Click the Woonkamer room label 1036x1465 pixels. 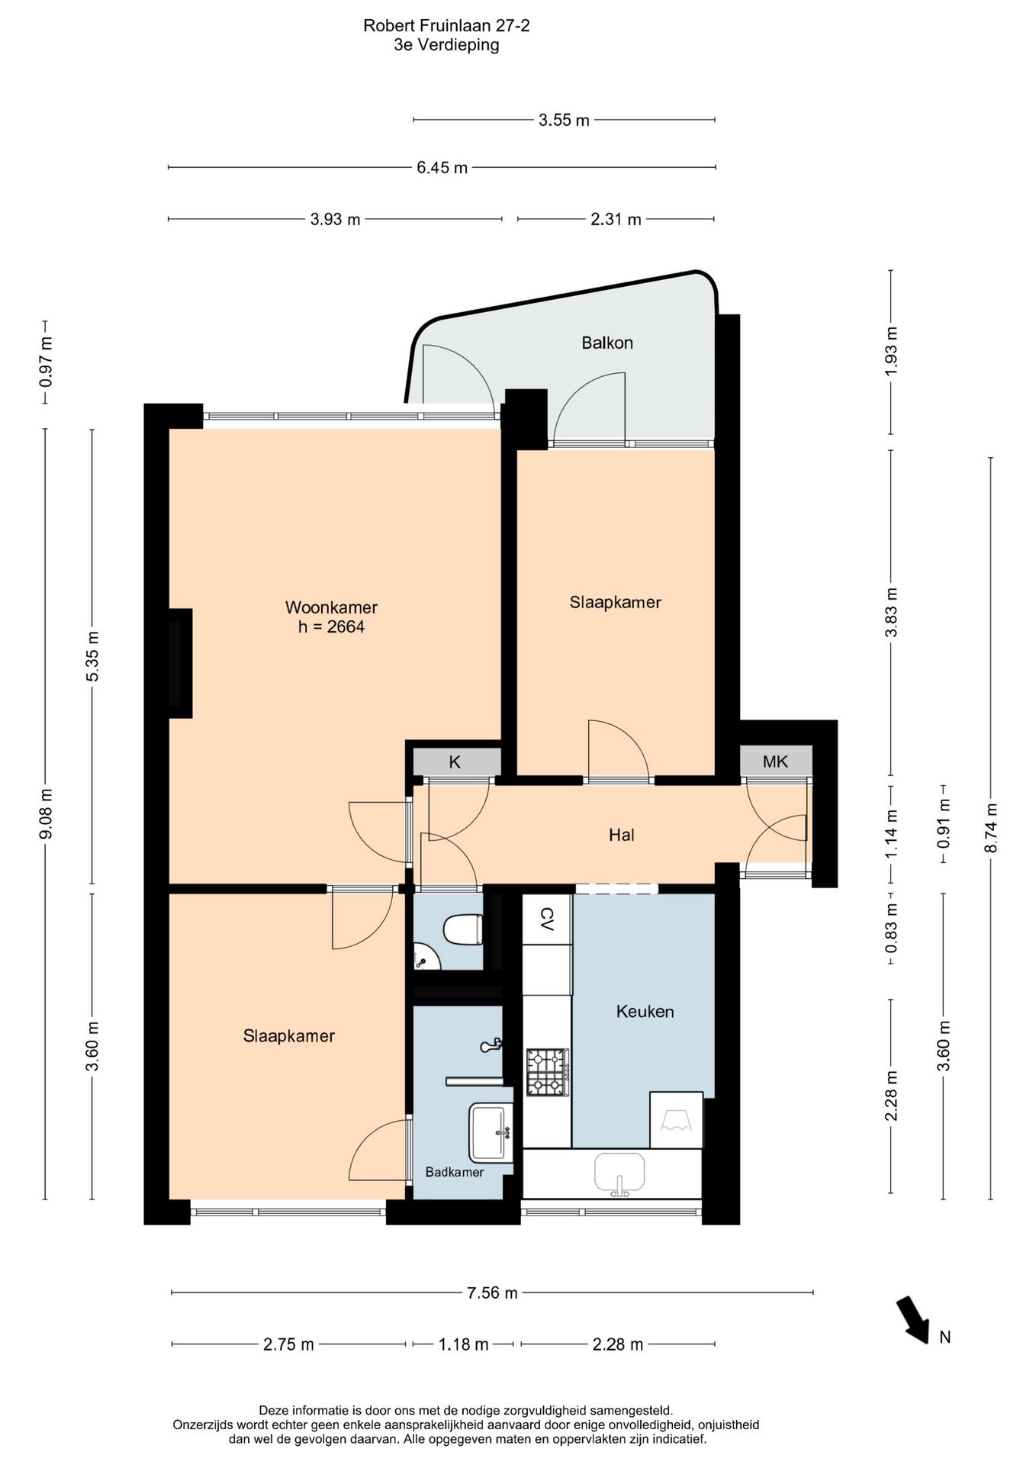coord(331,607)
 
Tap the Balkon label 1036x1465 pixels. coord(607,343)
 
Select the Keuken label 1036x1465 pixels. coord(645,1012)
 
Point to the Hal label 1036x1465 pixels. coord(622,835)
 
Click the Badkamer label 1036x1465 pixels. coord(455,1172)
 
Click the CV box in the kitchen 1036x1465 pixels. coord(547,919)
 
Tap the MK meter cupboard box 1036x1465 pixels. coord(776,761)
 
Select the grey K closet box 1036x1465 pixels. coord(456,761)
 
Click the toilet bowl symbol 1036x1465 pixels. coord(462,929)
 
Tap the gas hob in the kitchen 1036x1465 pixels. coord(547,1072)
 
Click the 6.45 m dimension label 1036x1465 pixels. coord(442,168)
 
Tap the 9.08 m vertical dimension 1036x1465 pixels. coord(45,813)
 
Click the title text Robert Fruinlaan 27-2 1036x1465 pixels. coord(446,26)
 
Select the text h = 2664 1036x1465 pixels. coord(331,627)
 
